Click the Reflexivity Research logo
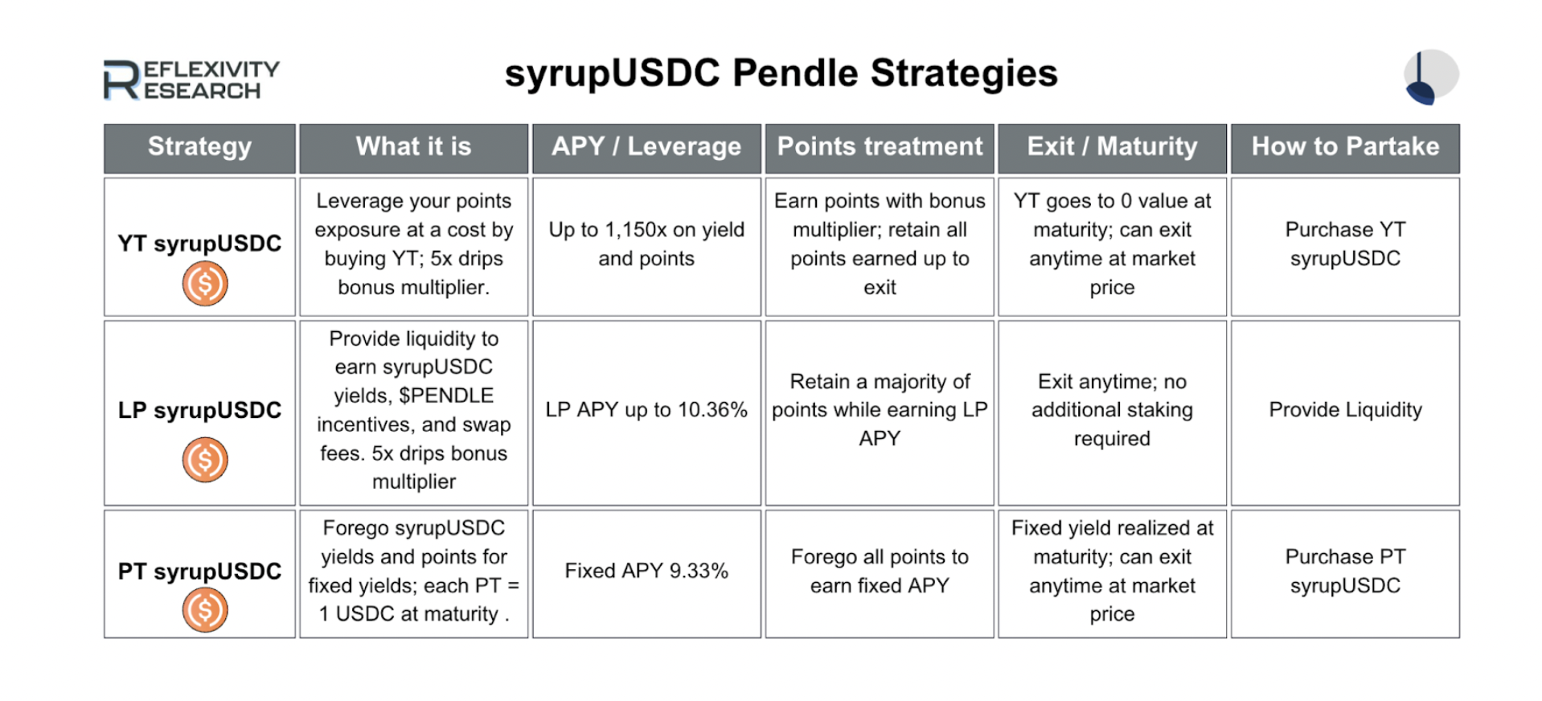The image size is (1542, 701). coord(191,80)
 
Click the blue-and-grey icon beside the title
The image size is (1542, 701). coord(1431,77)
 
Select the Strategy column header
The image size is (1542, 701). coord(199,148)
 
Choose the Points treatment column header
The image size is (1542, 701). coord(880,148)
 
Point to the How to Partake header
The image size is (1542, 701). coord(1345,148)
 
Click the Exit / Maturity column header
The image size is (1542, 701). coord(1112,148)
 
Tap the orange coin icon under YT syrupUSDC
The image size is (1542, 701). coord(205,284)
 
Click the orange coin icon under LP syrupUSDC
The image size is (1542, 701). coord(205,460)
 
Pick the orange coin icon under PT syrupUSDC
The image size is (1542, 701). coord(205,610)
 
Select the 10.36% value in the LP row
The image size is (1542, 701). coord(712,410)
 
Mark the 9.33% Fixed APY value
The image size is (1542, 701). coord(699,571)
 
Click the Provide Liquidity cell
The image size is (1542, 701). coord(1345,410)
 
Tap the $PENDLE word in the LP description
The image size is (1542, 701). coord(446,396)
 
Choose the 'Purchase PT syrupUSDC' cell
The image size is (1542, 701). coord(1345,571)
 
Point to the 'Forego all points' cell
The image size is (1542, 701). coord(880,571)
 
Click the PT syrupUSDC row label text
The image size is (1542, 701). coord(199,572)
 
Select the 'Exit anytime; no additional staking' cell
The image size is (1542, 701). coord(1112,410)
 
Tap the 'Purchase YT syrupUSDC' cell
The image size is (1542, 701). coord(1345,244)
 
